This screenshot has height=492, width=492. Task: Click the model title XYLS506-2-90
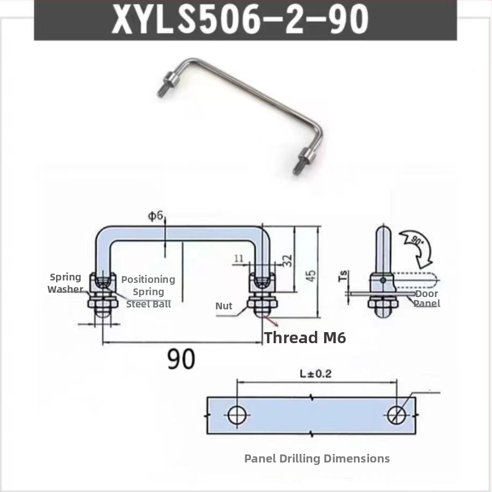point(240,20)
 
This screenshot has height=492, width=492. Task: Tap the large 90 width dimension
point(181,359)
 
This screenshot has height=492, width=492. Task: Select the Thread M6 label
point(305,338)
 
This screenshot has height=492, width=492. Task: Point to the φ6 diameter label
point(156,216)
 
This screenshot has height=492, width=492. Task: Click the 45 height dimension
point(311,275)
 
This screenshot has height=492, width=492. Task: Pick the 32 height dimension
point(287,260)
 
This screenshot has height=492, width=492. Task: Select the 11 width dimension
point(239,258)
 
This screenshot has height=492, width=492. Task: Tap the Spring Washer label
point(65,283)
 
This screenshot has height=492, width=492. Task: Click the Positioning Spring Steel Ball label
point(148,292)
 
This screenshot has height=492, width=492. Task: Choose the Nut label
point(224,306)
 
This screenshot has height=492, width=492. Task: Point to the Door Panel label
point(426,298)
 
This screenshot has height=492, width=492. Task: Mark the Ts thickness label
point(344,276)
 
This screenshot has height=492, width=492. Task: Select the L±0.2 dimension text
point(315,374)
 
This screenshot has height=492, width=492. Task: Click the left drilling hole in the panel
point(237,415)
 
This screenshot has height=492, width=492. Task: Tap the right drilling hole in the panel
point(397,415)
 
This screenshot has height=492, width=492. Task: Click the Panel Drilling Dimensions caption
point(317,458)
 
